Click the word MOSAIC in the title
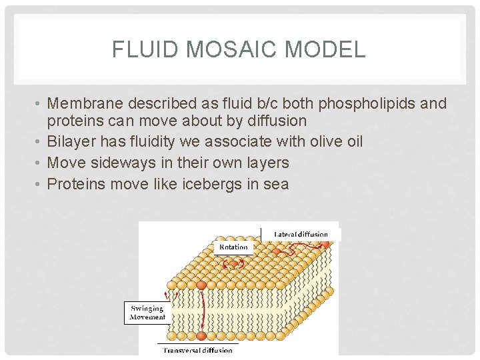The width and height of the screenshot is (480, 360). pyautogui.click(x=231, y=49)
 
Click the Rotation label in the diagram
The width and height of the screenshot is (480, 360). pyautogui.click(x=233, y=247)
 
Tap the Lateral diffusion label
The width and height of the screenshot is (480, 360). pyautogui.click(x=301, y=234)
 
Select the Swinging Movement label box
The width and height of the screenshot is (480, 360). pyautogui.click(x=147, y=313)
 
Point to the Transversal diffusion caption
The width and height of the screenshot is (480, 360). pyautogui.click(x=198, y=350)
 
